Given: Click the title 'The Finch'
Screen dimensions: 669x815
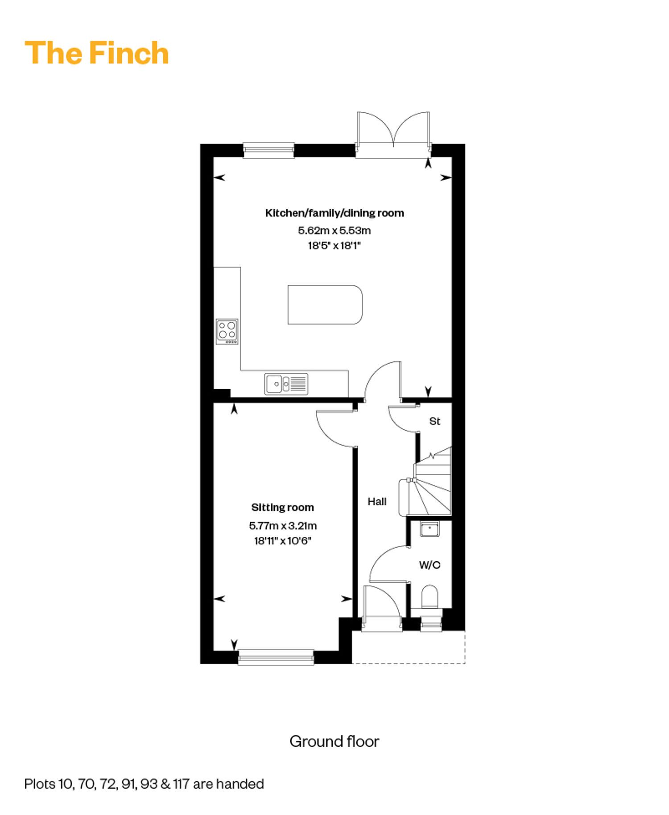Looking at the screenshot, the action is click(97, 53).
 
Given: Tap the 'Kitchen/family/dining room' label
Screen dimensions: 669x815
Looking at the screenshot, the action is click(334, 213).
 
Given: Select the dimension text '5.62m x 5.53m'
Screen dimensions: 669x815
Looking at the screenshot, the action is click(334, 231).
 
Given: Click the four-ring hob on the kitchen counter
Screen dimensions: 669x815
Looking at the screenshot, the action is click(227, 331).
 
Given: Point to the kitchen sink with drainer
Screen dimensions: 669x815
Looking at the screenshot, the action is click(286, 384).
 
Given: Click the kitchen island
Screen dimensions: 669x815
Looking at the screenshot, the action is click(325, 305).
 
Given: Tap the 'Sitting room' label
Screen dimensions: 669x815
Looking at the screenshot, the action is click(282, 507).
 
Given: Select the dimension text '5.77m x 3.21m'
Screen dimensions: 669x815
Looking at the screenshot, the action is click(283, 526).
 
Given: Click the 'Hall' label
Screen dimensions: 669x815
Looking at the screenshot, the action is click(377, 502).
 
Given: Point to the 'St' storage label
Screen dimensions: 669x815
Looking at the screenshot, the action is click(434, 421).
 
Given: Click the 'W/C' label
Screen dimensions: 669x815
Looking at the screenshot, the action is click(429, 565).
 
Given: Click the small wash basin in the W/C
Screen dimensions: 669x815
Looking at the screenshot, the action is click(430, 529).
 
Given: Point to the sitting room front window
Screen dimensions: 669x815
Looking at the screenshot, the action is click(276, 657).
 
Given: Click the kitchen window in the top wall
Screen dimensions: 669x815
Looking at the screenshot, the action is click(268, 150).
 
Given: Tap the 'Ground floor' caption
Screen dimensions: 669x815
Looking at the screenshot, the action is click(334, 741).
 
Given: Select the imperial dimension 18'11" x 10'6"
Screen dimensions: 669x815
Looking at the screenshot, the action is click(283, 541).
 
